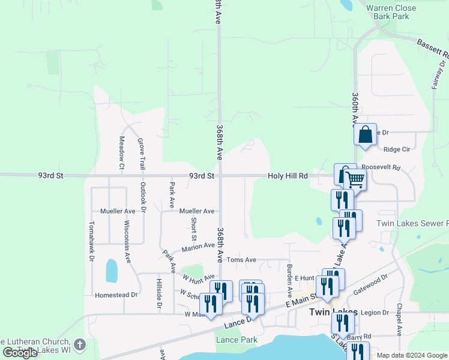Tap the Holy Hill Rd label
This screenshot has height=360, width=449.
point(288,176)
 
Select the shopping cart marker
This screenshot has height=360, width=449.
point(355,179)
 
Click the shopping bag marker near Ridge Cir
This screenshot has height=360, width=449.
point(365,136)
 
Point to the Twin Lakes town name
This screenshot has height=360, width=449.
point(333,312)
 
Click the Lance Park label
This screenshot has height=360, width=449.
point(237,340)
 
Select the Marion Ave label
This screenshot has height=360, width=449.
point(199,246)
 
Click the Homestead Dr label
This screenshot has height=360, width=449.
point(116,295)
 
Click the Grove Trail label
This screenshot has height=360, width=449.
point(142,153)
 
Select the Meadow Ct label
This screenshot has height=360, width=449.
point(121,152)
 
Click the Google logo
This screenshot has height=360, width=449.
point(20,353)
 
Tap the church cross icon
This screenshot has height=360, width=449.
point(80,344)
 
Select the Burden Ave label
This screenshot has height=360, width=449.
point(289,277)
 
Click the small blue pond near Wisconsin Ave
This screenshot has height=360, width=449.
point(112,271)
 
